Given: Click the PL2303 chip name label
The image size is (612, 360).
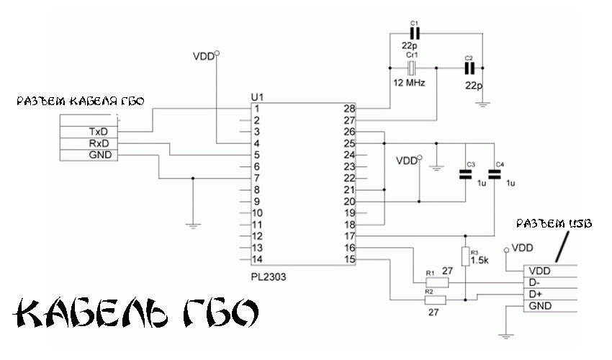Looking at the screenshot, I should click(266, 275).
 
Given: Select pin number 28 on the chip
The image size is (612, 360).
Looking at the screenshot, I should click(350, 109).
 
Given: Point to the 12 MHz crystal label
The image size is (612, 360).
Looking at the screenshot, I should click(409, 84).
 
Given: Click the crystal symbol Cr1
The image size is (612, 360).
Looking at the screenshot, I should click(412, 68).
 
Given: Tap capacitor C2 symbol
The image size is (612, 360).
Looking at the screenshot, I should click(469, 68).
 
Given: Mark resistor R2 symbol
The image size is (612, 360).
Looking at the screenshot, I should click(436, 300).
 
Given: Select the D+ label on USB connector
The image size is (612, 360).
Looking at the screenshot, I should click(536, 294).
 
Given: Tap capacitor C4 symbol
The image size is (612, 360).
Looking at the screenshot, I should click(495, 173).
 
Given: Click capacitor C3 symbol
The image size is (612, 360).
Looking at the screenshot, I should click(464, 173).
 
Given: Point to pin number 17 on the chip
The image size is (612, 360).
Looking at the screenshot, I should click(350, 236).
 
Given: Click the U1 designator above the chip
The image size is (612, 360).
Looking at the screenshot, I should click(257, 96).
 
